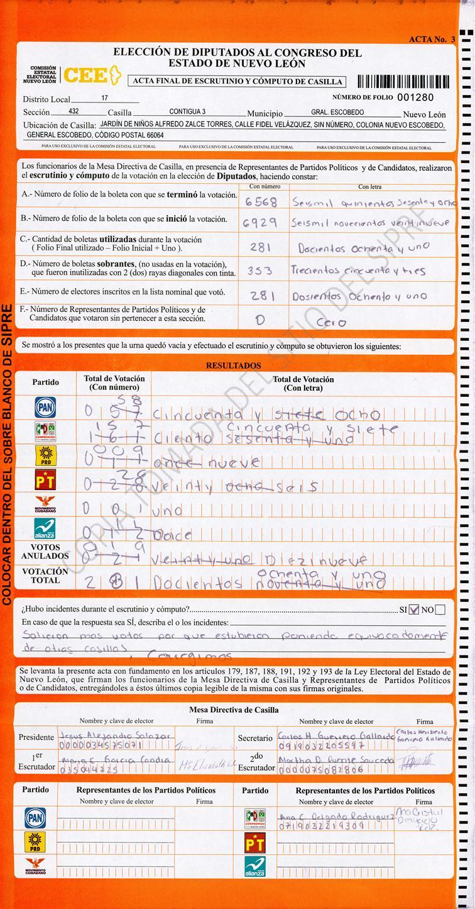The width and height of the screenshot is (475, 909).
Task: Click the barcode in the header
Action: [403, 81]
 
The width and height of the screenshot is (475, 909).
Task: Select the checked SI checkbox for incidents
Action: [413, 609]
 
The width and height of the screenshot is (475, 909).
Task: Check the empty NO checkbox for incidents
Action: [440, 609]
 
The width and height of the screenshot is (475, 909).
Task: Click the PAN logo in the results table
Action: [45, 408]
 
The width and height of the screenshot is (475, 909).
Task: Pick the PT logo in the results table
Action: [45, 481]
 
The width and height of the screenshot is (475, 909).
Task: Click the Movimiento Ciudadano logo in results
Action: [45, 505]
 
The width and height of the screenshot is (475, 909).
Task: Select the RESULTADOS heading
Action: [233, 365]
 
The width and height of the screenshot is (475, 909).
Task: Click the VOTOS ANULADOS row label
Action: [45, 552]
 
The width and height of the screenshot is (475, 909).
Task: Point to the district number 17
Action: [104, 99]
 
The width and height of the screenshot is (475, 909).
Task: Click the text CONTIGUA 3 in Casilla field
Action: [187, 112]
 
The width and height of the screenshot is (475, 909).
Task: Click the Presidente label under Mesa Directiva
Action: [36, 737]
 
